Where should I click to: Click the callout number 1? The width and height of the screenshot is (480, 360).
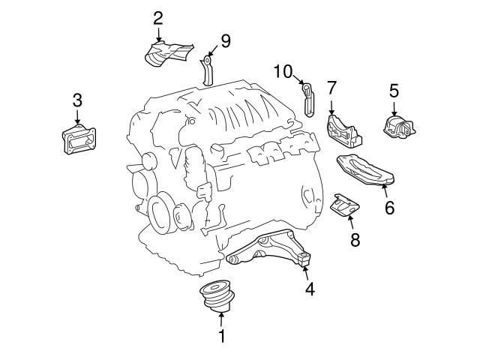point(222,336)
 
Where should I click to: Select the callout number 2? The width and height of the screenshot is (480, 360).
point(158,19)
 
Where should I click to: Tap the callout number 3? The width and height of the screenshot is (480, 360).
point(77,100)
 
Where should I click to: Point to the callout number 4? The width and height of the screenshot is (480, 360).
point(310,289)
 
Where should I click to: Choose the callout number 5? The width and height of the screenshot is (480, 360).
point(394,91)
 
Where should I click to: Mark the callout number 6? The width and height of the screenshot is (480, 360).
point(390,208)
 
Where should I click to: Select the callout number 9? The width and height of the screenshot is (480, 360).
point(226,41)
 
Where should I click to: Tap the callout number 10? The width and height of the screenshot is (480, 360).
point(283,72)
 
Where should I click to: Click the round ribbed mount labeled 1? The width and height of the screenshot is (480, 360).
point(217,295)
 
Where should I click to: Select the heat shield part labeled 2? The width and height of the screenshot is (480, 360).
point(168,53)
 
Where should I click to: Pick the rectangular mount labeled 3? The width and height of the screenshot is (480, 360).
point(79,140)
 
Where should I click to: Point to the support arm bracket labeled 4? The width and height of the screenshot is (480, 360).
point(269,248)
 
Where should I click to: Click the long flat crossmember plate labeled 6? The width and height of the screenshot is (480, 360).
point(365,170)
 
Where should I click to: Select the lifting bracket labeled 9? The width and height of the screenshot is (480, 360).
point(207,70)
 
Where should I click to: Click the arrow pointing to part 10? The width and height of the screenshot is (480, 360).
point(298,80)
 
